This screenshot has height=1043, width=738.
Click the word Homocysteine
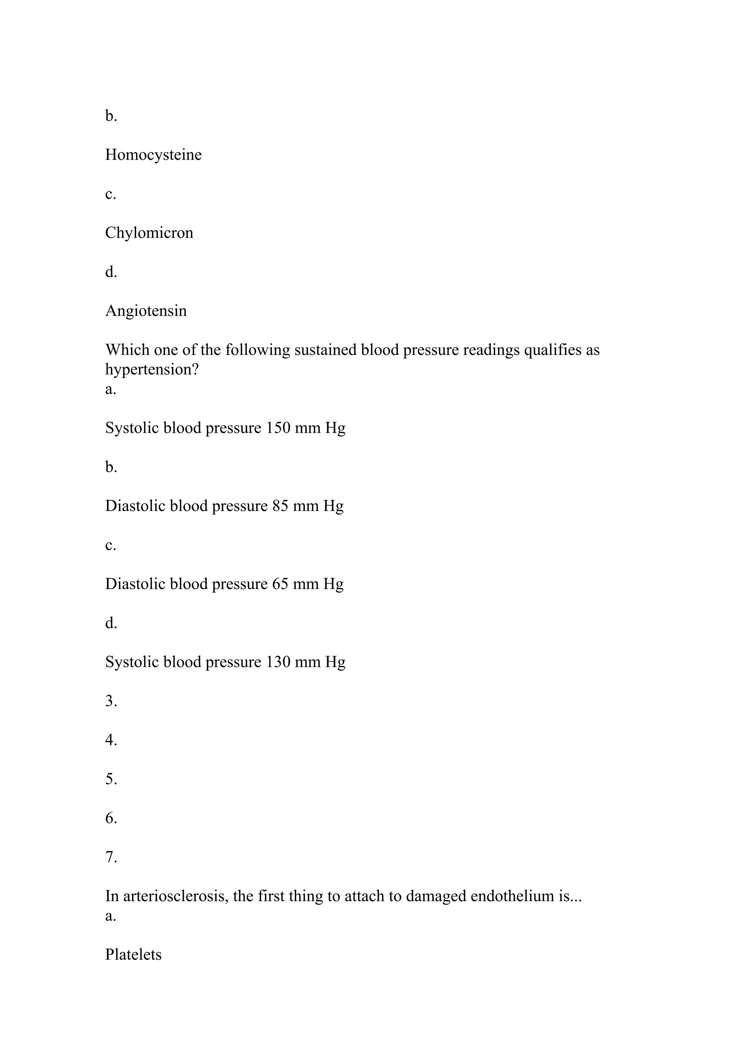pos(153,155)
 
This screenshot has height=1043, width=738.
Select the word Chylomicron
pos(149,233)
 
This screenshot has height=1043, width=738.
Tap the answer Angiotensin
pos(146,311)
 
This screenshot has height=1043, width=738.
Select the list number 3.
pos(111,701)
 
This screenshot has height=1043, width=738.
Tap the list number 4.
pos(111,740)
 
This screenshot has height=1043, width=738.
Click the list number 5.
pos(111,780)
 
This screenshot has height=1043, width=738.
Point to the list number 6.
pos(111,818)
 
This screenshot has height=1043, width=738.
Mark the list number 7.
pos(111,858)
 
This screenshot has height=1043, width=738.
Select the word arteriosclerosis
pos(175,897)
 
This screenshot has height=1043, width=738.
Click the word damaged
pos(436,897)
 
